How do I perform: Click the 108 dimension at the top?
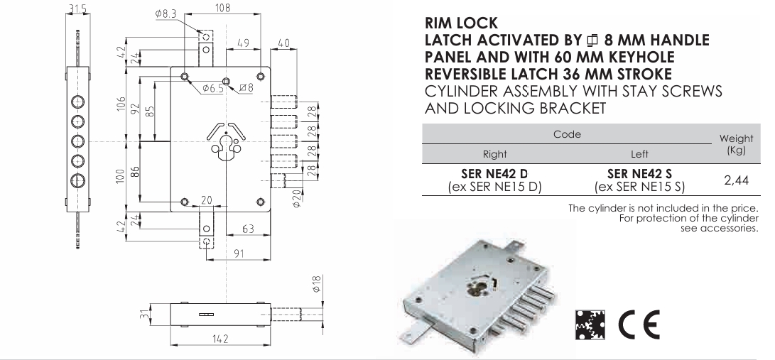point(223,9)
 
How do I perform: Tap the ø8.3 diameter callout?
point(166,14)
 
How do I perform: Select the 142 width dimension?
point(220,339)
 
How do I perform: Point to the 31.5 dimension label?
point(78,9)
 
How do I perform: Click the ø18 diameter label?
point(317,284)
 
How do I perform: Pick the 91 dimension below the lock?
point(239,253)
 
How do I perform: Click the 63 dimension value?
point(248,229)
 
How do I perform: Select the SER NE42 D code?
point(494,174)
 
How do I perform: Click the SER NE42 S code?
point(639,174)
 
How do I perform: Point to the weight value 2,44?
point(737,180)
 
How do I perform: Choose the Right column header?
point(494,154)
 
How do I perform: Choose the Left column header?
point(639,154)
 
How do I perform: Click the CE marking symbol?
point(639,324)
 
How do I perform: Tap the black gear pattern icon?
point(590,324)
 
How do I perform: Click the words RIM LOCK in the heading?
point(461,23)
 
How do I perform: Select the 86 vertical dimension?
point(134,172)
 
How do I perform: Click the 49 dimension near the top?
point(243,43)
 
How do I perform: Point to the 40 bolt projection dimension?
point(283,43)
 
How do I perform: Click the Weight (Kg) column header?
point(737,144)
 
